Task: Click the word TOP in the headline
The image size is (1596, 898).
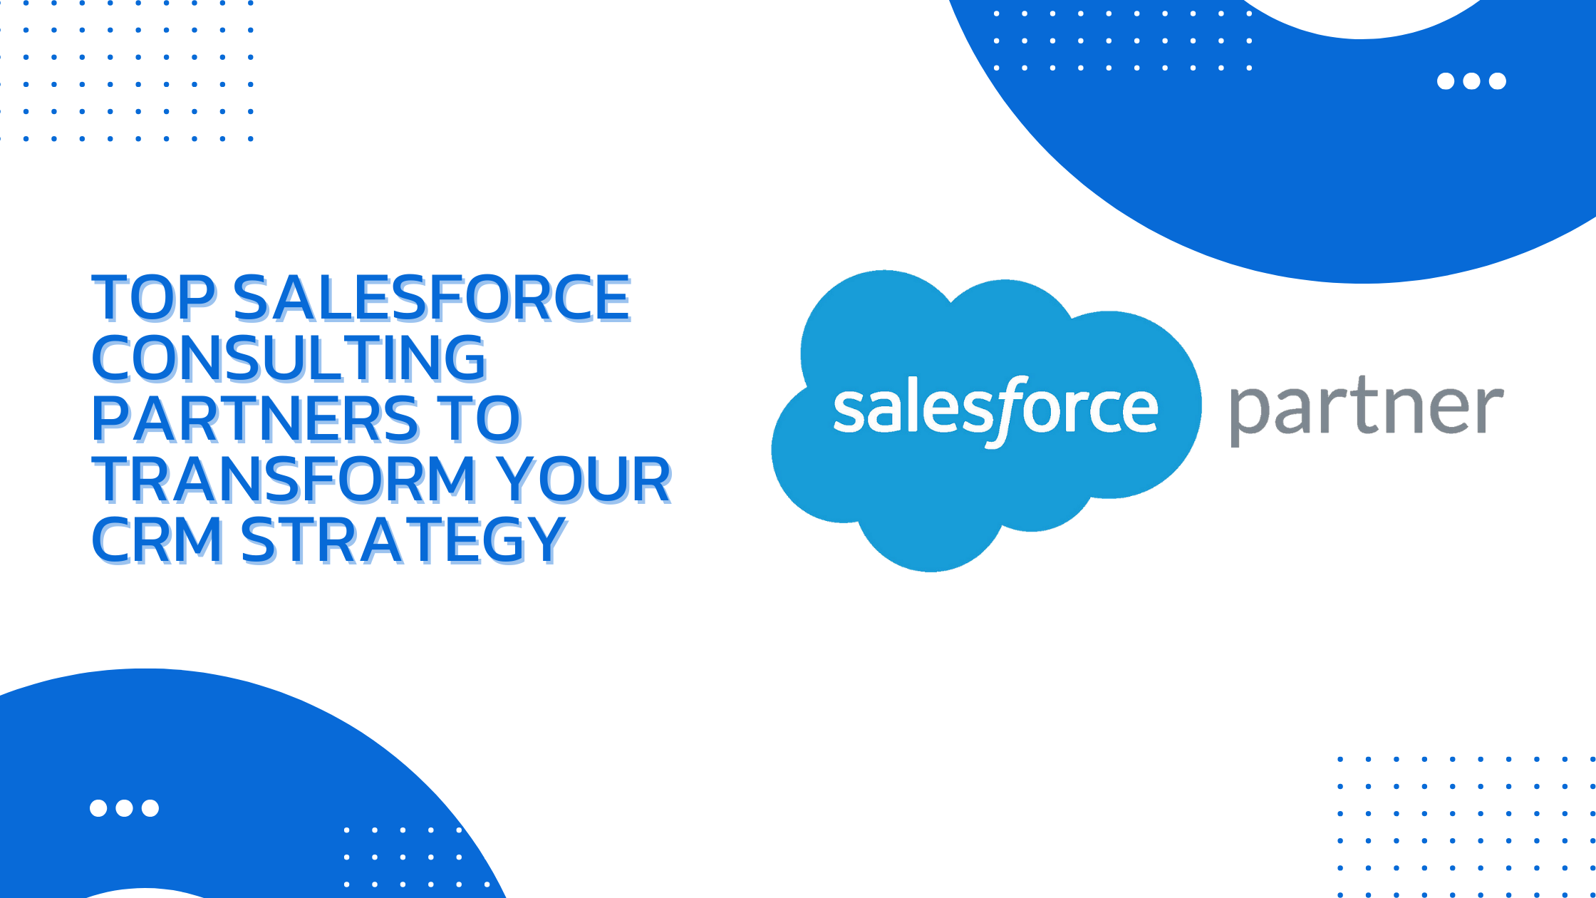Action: (x=153, y=297)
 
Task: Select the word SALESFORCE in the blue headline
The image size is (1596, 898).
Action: (x=432, y=297)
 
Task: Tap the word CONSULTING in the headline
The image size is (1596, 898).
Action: (x=289, y=358)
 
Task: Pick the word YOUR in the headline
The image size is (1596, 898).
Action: (x=584, y=479)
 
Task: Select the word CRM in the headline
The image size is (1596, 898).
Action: (x=157, y=540)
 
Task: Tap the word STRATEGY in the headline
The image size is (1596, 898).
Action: (x=404, y=540)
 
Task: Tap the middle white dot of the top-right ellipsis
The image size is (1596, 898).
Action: (x=1471, y=81)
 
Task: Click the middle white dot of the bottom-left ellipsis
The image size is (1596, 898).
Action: (x=124, y=807)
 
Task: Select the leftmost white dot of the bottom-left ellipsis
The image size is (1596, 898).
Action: (x=98, y=807)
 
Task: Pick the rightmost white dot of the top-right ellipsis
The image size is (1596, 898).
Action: (x=1498, y=81)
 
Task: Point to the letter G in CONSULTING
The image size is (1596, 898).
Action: (x=465, y=358)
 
